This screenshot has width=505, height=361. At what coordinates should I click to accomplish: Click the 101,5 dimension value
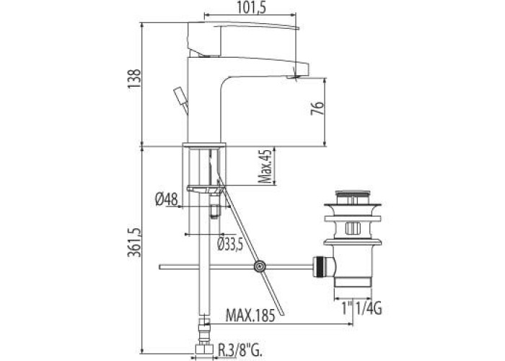coord(252,8)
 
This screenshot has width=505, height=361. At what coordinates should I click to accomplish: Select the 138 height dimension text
coord(135,79)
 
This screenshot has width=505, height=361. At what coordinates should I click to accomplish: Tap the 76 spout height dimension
coord(317,108)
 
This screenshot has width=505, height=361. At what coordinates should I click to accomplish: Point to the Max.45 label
coord(265,166)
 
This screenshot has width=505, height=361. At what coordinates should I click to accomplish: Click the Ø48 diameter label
coord(166,199)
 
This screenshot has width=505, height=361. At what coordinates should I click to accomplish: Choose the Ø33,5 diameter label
coord(230,245)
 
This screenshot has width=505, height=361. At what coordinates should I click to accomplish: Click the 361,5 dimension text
coord(135,243)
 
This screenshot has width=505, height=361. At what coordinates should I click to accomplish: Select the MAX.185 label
coord(250,316)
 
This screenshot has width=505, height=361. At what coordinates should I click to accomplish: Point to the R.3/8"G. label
coord(240,349)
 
